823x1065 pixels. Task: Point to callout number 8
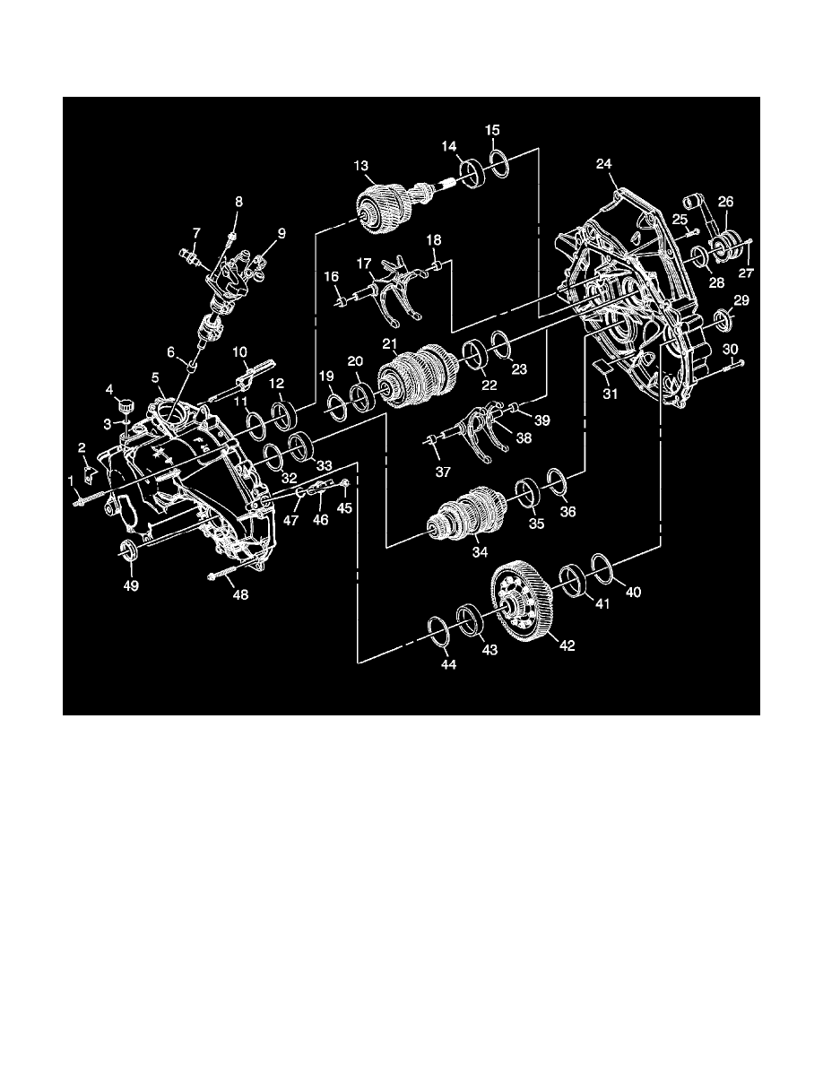click(x=238, y=203)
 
